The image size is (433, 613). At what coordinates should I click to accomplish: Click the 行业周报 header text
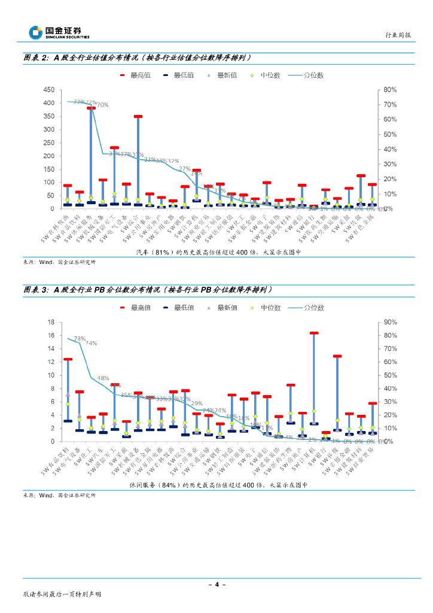[x=398, y=35]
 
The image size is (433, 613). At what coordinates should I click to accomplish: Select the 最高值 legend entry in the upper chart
[x=135, y=75]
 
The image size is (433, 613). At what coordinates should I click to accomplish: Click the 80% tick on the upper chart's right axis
[x=389, y=90]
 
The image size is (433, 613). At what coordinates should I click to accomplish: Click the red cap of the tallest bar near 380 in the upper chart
[x=91, y=108]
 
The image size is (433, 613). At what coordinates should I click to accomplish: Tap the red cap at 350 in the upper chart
[x=138, y=117]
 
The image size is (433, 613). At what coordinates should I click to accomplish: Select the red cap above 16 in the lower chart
[x=314, y=333]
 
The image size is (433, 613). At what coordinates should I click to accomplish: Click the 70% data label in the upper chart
[x=102, y=105]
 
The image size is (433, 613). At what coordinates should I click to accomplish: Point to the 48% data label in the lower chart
[x=103, y=378]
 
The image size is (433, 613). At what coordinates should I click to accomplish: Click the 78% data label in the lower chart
[x=78, y=339]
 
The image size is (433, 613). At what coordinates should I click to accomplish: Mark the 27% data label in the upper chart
[x=184, y=169]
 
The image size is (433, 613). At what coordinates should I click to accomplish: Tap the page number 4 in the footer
[x=216, y=584]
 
